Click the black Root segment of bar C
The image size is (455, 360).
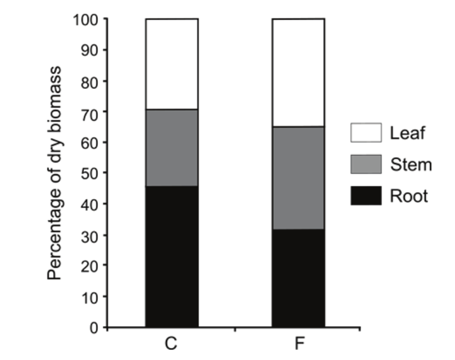click(x=172, y=256)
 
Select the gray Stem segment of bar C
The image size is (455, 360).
click(x=172, y=148)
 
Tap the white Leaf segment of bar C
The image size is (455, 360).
click(x=172, y=64)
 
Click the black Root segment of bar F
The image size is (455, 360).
click(x=298, y=278)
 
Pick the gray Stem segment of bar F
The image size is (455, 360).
click(x=298, y=178)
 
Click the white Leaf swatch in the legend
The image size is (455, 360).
click(x=366, y=133)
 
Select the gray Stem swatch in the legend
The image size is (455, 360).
click(x=366, y=165)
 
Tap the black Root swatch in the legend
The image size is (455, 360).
click(x=366, y=196)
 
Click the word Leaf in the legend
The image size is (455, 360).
click(x=407, y=133)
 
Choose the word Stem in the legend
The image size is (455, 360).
click(x=411, y=165)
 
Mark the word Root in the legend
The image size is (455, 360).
click(x=409, y=196)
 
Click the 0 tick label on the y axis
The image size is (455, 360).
click(x=94, y=328)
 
